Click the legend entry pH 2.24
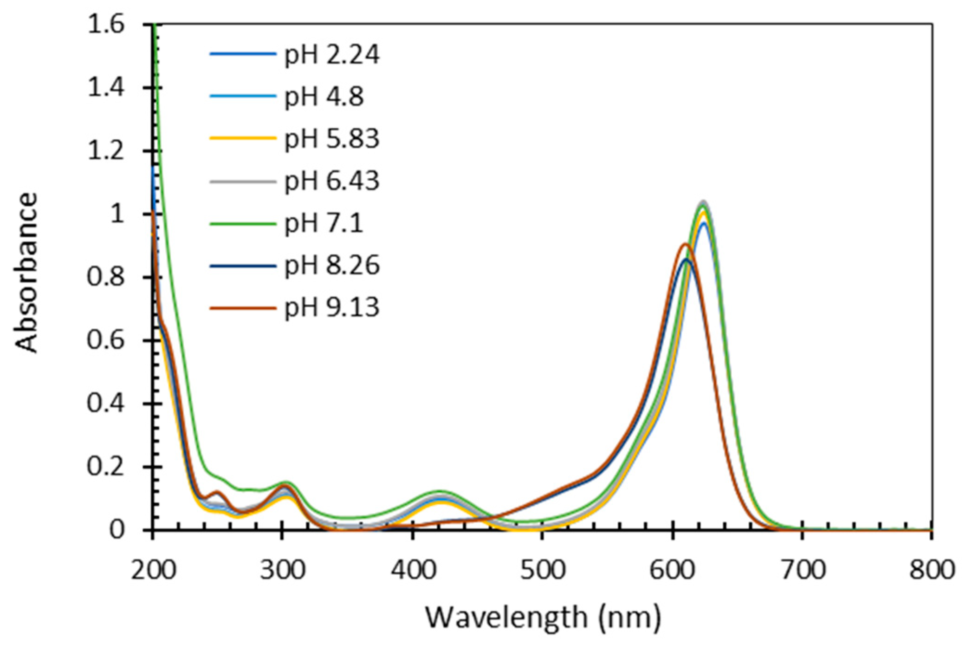[x=331, y=54]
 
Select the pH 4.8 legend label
[x=324, y=97]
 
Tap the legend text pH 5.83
[x=331, y=138]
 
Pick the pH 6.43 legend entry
[x=331, y=181]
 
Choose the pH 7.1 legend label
[x=324, y=223]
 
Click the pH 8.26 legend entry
[x=331, y=265]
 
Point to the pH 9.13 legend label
[x=331, y=307]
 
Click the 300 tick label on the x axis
[x=282, y=570]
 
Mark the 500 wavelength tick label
[x=542, y=570]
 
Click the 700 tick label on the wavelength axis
[x=803, y=570]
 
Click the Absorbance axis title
[x=26, y=273]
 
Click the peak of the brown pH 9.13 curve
[x=685, y=244]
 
